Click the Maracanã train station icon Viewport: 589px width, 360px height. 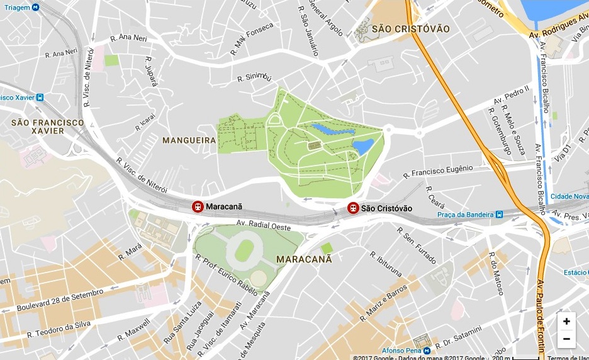[x=198, y=207]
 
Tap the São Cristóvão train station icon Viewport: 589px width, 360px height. [x=354, y=208]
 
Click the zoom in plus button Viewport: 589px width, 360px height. [x=566, y=322]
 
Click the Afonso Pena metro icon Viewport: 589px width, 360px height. [x=426, y=351]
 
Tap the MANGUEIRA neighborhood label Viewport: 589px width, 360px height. [x=189, y=140]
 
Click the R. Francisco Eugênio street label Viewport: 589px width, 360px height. [x=438, y=171]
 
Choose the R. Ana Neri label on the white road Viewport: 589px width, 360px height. [x=128, y=38]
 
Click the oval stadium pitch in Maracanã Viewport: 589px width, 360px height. [x=244, y=250]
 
